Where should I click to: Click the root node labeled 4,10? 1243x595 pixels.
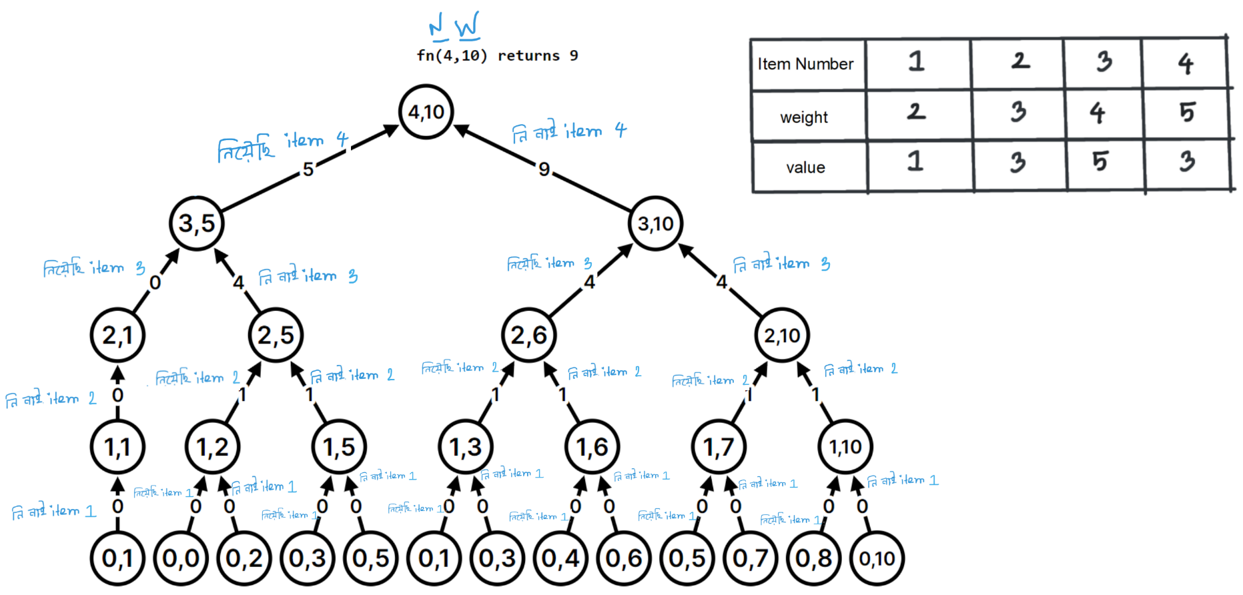tap(426, 112)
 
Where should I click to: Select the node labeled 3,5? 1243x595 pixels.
tap(197, 223)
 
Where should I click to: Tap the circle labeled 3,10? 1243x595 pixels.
tap(655, 223)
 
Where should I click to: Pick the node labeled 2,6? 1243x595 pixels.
tap(528, 335)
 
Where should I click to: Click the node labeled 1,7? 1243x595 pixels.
tap(719, 447)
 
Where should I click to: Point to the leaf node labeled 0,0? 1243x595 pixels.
tap(181, 558)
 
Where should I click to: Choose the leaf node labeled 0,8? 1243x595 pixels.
tap(813, 558)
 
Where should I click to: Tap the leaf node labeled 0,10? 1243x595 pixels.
tap(877, 558)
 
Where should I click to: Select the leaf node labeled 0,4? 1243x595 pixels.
tap(560, 558)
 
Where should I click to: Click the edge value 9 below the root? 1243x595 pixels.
tap(544, 169)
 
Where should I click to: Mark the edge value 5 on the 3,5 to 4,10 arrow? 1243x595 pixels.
tap(308, 169)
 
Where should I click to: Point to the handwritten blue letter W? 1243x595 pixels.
tap(467, 27)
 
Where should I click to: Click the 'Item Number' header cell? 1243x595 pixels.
tap(806, 64)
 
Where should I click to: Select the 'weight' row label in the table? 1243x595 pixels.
tap(804, 117)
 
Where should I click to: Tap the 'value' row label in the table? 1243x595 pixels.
tap(805, 167)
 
